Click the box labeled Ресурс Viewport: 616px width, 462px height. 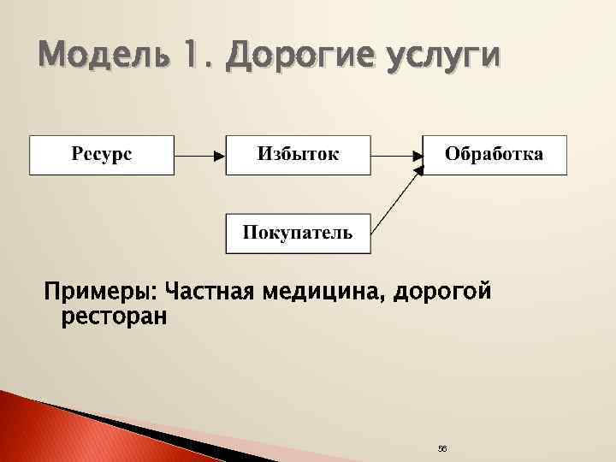click(102, 155)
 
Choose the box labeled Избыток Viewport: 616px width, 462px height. click(298, 155)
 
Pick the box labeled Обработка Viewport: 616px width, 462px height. click(495, 155)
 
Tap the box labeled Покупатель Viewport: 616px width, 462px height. click(298, 234)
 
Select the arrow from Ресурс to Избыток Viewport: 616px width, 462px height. click(199, 156)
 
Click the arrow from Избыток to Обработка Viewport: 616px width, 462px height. click(396, 156)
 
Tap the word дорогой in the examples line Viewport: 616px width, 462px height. click(448, 293)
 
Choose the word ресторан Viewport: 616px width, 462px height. click(115, 318)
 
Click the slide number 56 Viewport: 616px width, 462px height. click(442, 449)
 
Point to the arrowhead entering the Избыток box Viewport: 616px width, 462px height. click(219, 156)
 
